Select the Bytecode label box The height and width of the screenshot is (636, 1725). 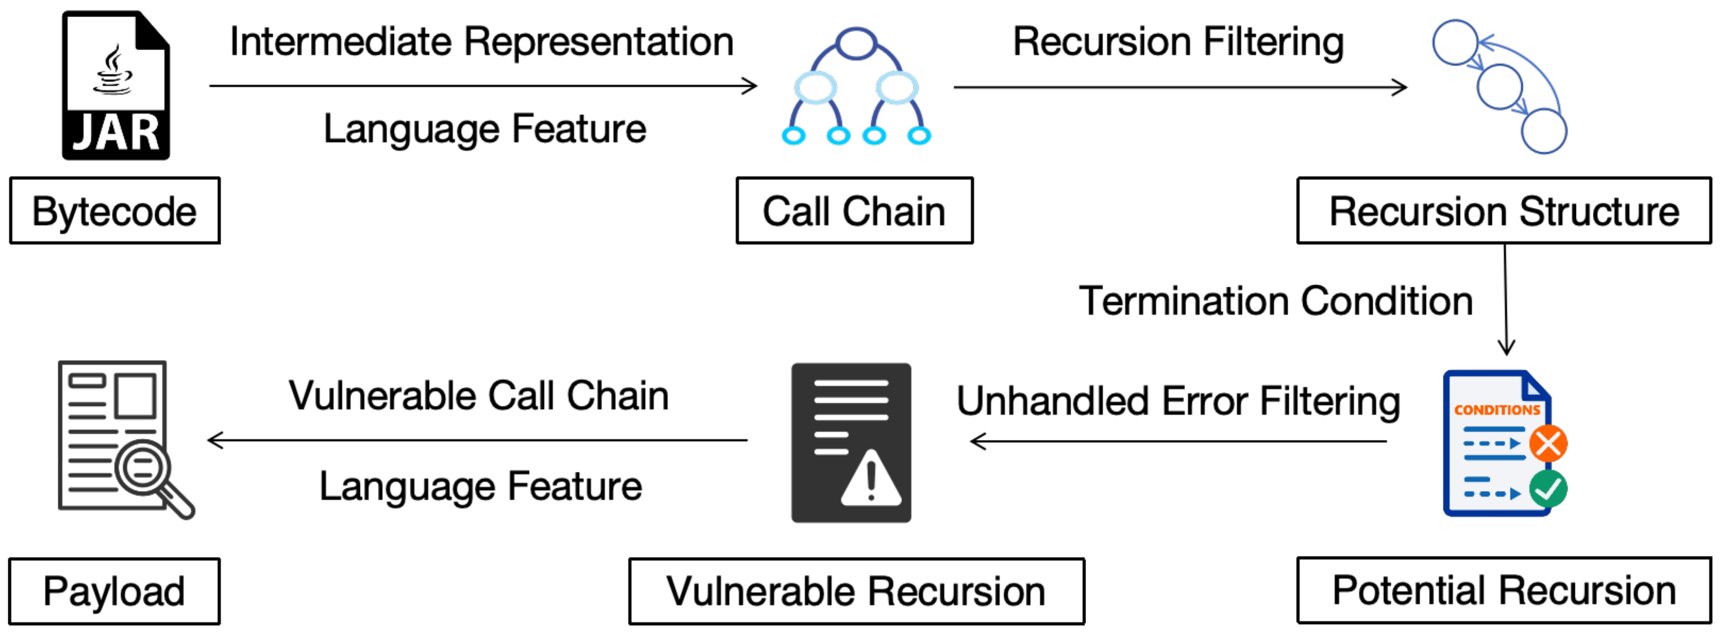point(114,211)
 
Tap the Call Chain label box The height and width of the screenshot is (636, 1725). point(854,211)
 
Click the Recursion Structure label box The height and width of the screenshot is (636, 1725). point(1503,211)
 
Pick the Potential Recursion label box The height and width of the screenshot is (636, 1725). point(1503,591)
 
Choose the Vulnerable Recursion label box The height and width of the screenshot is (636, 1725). point(856,592)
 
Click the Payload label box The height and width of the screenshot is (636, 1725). point(114,592)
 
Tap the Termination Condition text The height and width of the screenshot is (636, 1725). point(1276,301)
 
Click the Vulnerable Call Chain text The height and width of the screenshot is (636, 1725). point(478,396)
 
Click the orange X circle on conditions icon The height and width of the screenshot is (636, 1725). point(1548,443)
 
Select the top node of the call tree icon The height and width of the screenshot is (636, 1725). point(856,43)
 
